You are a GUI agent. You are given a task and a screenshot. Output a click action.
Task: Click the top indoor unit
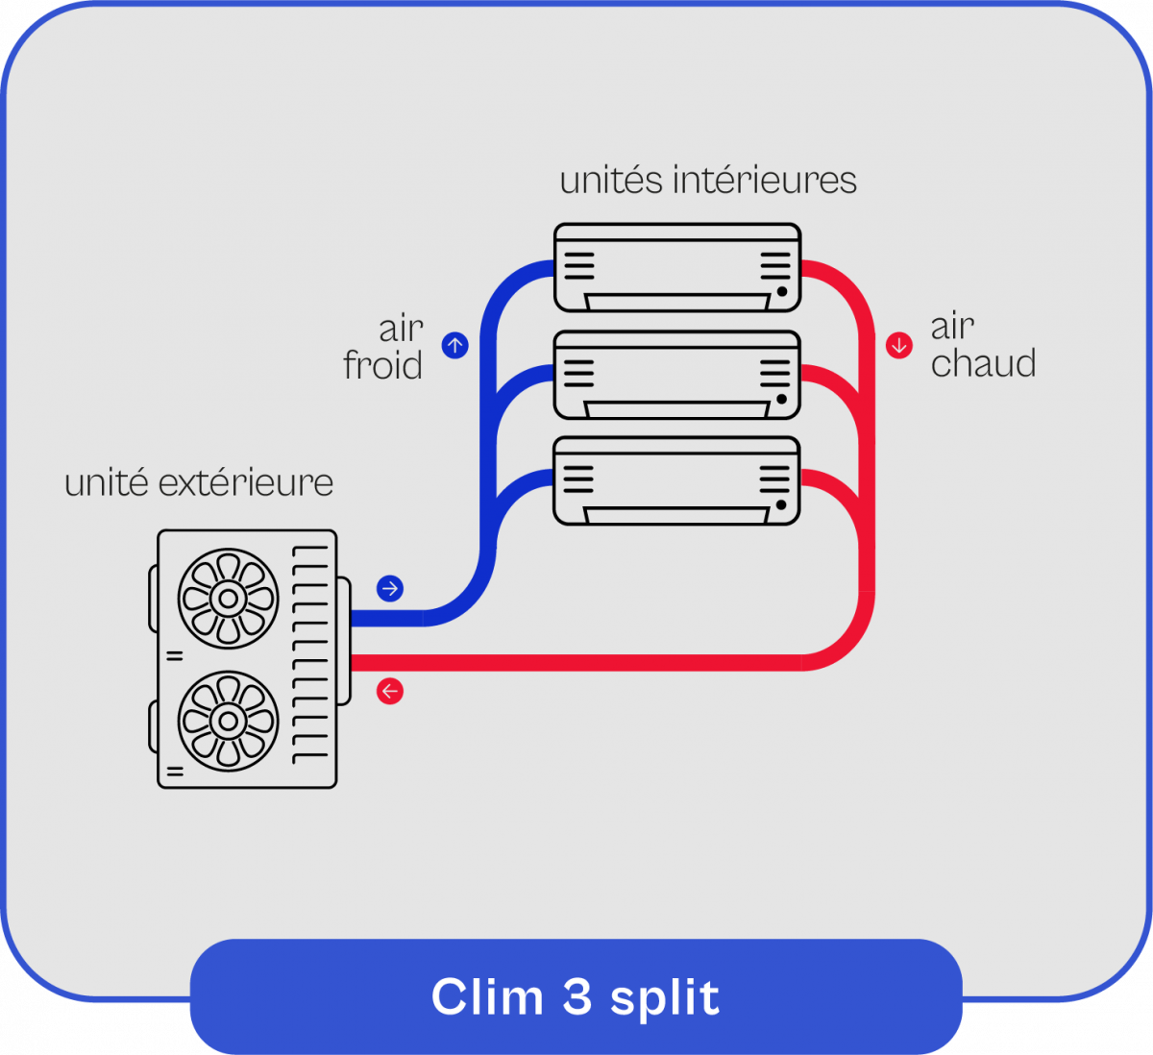677,267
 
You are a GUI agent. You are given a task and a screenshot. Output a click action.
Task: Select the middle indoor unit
677,375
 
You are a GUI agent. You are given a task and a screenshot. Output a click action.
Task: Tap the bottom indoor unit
677,480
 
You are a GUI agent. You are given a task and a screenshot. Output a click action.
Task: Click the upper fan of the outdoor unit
229,599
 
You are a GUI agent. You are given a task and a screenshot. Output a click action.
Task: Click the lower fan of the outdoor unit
229,720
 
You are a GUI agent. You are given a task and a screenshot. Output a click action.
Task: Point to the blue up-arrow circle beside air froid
454,345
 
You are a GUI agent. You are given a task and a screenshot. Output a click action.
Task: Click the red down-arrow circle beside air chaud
899,345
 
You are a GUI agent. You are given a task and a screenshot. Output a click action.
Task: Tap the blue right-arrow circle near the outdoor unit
390,588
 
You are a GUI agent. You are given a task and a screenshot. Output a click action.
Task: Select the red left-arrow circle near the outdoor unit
390,691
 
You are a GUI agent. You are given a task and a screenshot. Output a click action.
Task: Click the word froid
383,366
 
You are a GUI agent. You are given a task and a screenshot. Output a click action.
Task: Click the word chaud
983,364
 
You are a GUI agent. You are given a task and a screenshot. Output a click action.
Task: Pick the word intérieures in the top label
765,181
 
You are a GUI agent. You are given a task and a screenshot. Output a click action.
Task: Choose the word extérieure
246,482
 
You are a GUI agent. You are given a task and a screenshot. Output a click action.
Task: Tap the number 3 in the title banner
576,996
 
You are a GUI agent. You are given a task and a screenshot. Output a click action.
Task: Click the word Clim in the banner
487,996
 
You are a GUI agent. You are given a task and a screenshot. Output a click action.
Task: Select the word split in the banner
665,998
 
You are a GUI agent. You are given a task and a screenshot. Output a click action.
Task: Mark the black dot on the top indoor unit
782,291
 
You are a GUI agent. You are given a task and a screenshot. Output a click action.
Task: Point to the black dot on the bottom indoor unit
782,504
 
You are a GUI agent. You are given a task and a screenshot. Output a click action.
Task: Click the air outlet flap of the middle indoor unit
677,409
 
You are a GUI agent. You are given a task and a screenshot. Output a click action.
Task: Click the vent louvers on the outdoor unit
310,653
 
